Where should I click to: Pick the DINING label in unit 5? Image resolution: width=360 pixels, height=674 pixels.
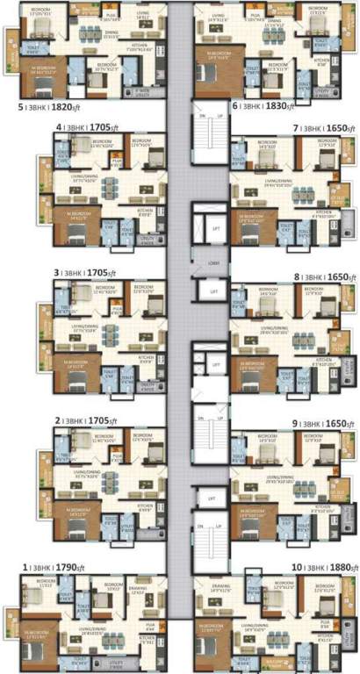coord(112,32)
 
